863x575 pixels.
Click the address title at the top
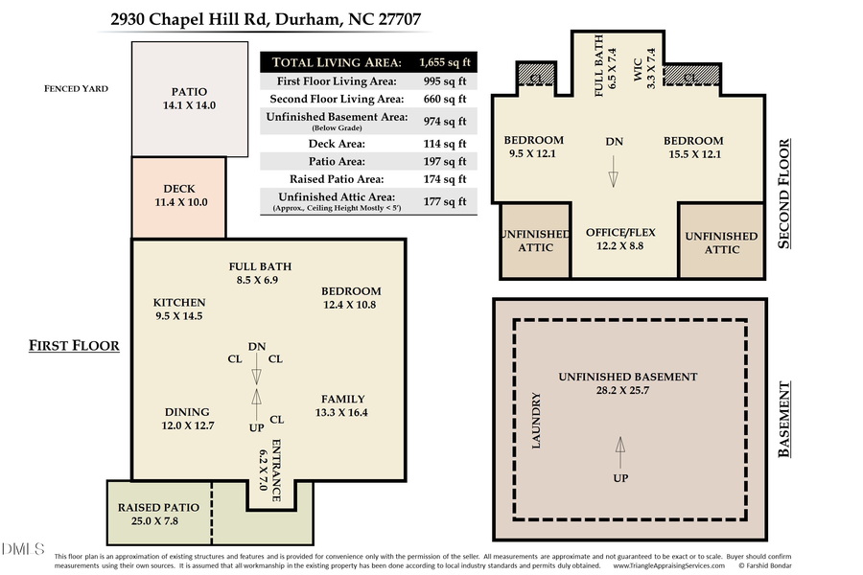coord(265,19)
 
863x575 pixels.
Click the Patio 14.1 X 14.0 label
coord(188,99)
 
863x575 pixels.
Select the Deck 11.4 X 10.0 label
coord(179,195)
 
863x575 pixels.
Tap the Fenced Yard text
coord(77,88)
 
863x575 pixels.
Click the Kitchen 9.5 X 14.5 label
coord(179,309)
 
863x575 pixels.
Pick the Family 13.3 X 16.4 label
coord(342,405)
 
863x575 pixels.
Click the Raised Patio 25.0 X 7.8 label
coord(159,514)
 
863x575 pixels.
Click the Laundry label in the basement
coord(537,422)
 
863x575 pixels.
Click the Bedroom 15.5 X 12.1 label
coord(692,147)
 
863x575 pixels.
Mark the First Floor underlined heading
coord(74,345)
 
